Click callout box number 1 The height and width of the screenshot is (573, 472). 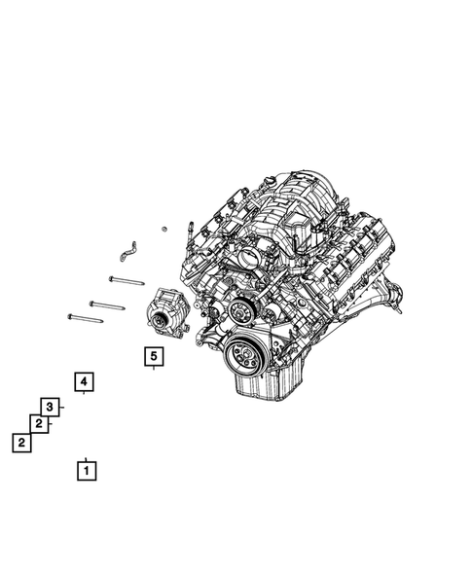click(x=87, y=472)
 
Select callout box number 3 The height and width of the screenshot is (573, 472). click(x=50, y=407)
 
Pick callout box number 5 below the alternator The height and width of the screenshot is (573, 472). click(x=153, y=357)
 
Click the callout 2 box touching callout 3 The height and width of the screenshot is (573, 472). click(x=38, y=423)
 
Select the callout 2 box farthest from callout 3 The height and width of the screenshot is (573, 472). click(x=20, y=443)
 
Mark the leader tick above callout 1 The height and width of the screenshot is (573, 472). click(x=87, y=457)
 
